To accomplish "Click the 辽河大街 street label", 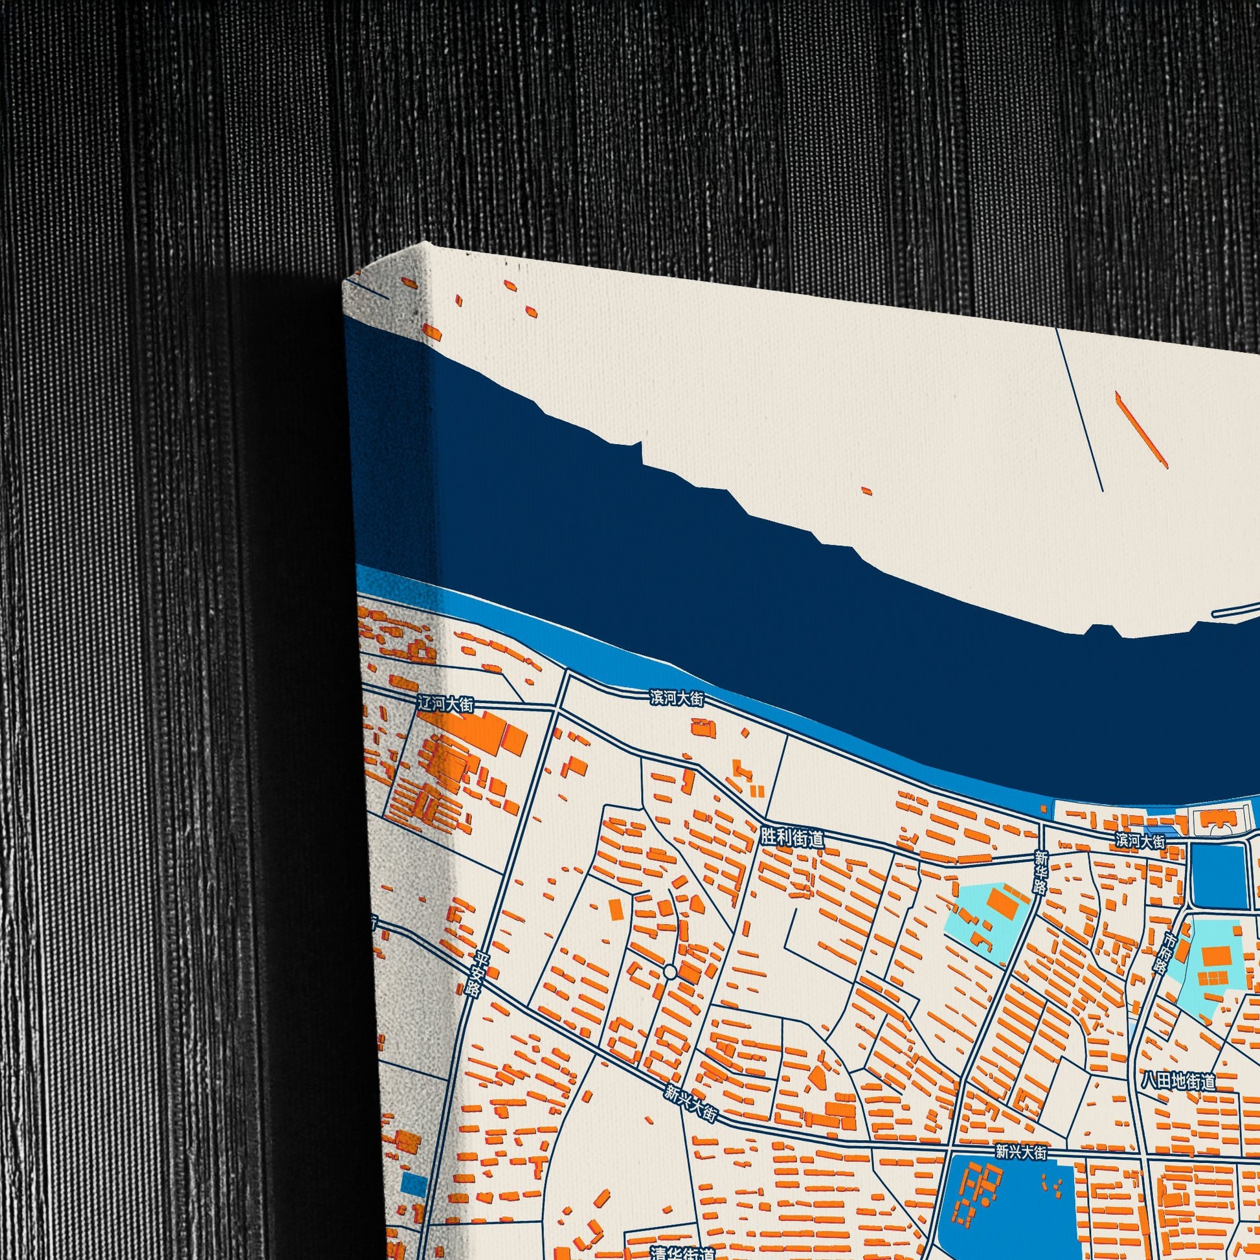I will [446, 703].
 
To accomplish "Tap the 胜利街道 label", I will [793, 838].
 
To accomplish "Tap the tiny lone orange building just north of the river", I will [866, 490].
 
